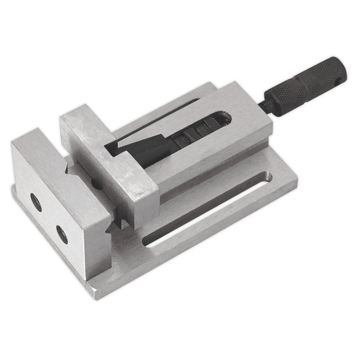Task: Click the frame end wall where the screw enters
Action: [247, 112]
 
